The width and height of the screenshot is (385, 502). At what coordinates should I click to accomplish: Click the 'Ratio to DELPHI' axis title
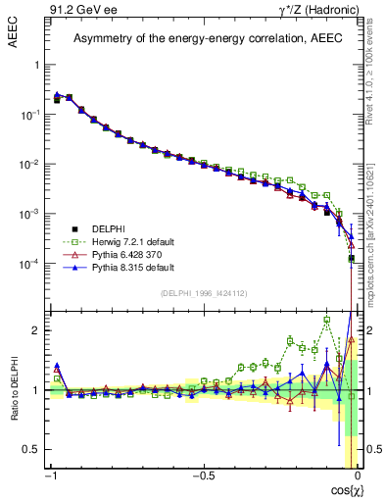(14, 389)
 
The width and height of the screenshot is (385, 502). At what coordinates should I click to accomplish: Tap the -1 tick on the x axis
(52, 477)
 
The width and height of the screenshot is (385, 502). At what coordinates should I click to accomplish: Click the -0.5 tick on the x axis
(203, 477)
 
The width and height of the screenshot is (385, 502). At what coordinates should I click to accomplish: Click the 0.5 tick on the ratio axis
(32, 449)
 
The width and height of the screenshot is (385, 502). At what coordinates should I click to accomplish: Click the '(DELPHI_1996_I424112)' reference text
(204, 293)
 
